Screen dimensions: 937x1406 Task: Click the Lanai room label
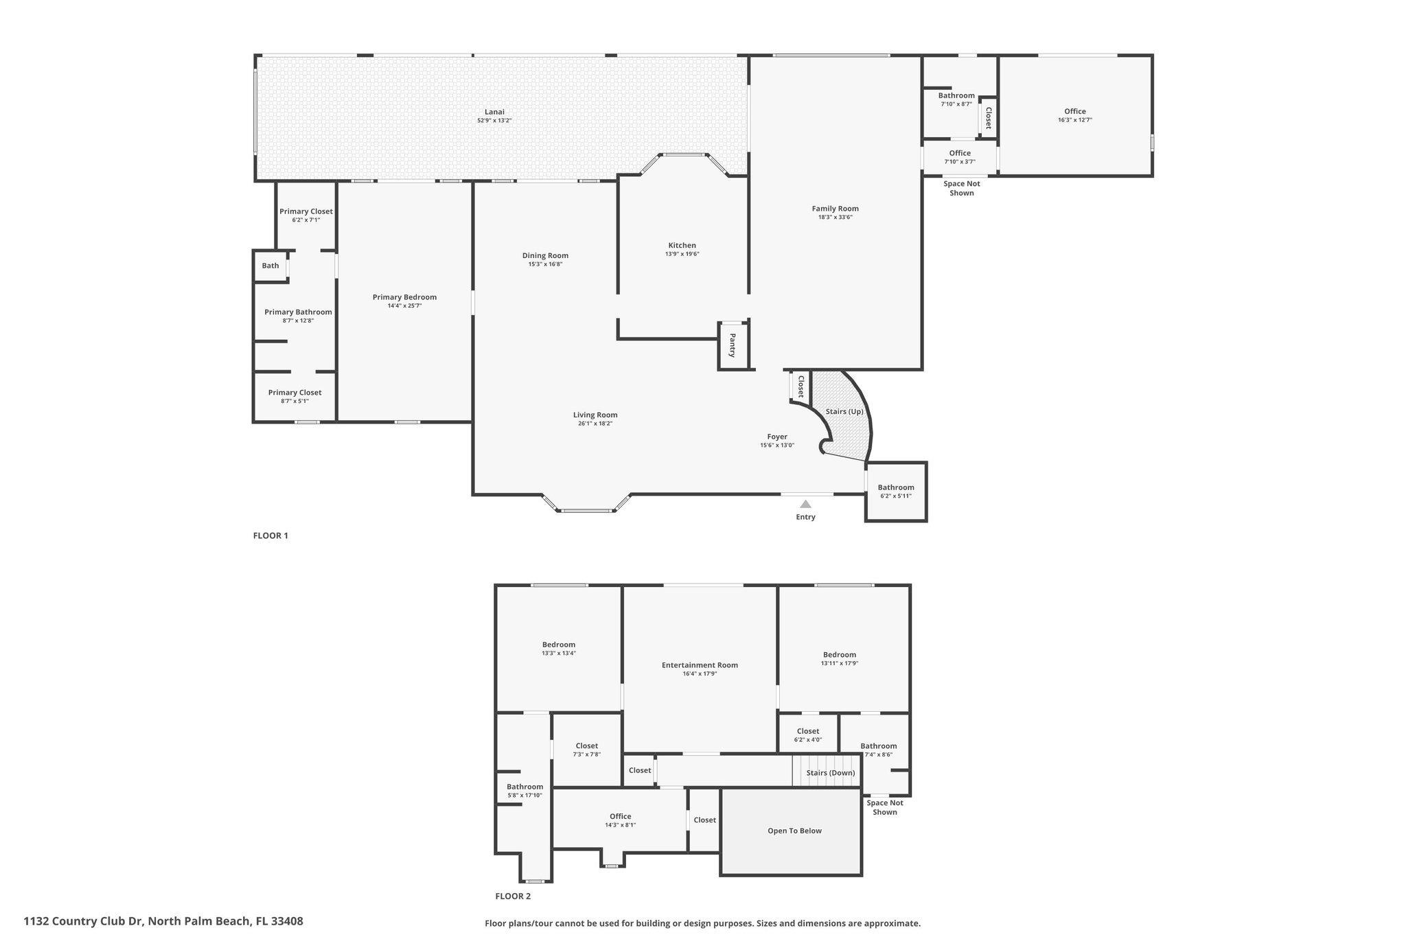(x=494, y=112)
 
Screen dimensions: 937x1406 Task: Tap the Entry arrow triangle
(x=805, y=505)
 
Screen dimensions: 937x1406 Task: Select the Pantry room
(x=733, y=345)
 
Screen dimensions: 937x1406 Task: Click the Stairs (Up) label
(x=844, y=412)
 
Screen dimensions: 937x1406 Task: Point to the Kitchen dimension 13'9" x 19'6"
(x=682, y=254)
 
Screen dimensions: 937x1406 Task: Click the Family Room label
(x=835, y=209)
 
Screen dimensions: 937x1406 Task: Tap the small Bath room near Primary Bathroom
(x=270, y=266)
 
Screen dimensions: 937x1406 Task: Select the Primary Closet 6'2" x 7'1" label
(x=306, y=211)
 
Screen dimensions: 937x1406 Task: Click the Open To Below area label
(x=794, y=831)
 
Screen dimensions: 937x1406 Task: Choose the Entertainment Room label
(x=700, y=665)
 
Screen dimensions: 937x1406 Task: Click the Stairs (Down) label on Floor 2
(x=831, y=773)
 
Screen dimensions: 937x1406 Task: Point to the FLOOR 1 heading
(x=270, y=535)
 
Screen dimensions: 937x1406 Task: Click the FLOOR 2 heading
(x=513, y=896)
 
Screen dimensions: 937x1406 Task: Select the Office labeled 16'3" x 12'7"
(x=1074, y=111)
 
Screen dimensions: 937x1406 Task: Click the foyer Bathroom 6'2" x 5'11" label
(x=895, y=487)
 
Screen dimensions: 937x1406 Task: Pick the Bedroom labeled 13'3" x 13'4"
(x=558, y=645)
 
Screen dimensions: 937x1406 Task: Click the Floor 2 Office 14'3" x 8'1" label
(x=620, y=817)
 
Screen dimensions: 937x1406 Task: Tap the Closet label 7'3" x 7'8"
(x=586, y=746)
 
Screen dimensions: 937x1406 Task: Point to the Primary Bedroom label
(x=404, y=297)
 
